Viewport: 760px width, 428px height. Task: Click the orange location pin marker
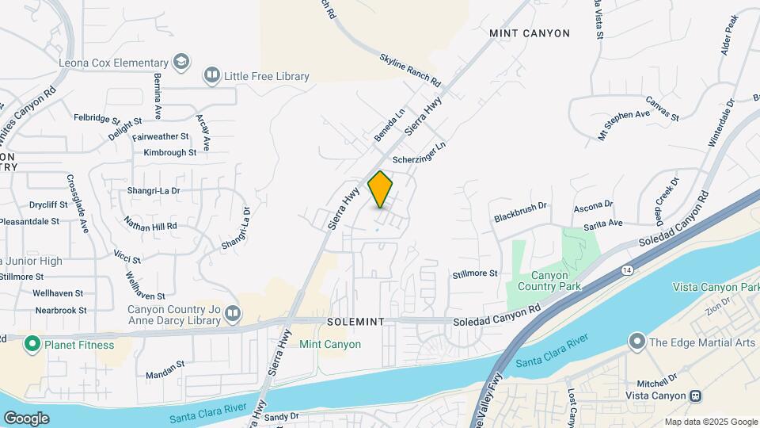[381, 189]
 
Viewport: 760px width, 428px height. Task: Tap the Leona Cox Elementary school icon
[182, 62]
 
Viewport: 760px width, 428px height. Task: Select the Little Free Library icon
[211, 76]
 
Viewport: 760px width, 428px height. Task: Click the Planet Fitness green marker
[32, 344]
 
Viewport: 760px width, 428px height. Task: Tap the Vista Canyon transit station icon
[695, 396]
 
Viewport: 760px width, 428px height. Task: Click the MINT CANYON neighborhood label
[530, 33]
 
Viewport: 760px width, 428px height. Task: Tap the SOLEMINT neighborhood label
[355, 322]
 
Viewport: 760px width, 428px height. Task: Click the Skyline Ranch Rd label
[409, 71]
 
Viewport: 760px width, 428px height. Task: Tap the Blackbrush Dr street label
[520, 210]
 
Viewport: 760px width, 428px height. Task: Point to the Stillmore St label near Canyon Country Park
[475, 273]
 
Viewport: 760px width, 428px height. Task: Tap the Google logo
[26, 418]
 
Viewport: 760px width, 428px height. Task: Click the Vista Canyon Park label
[715, 286]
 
